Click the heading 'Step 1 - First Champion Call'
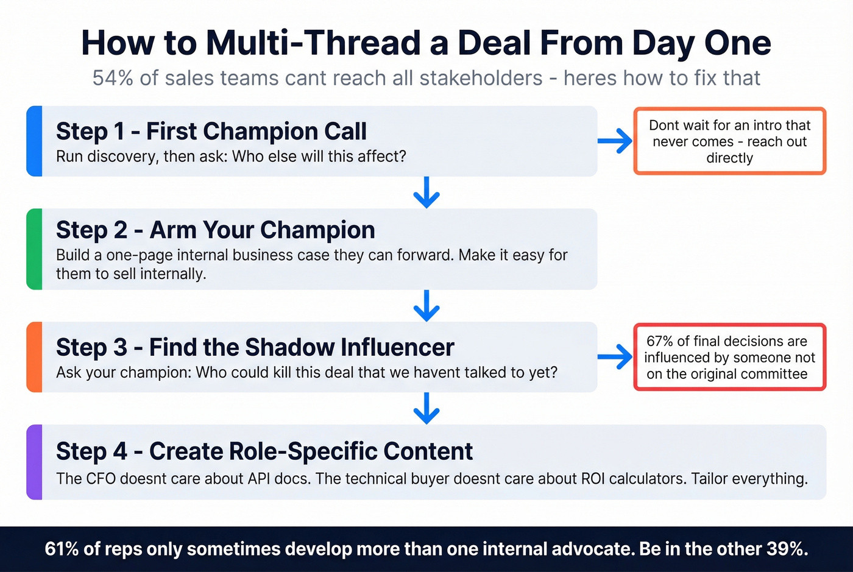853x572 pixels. click(x=211, y=132)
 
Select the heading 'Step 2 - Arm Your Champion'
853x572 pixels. click(x=215, y=230)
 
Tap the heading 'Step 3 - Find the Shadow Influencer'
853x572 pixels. click(x=255, y=347)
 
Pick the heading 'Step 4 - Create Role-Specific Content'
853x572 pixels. click(x=264, y=451)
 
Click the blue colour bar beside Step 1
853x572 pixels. click(x=34, y=141)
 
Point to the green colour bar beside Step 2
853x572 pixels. click(x=34, y=249)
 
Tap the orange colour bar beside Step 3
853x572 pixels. click(x=34, y=357)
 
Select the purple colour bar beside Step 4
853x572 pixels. click(x=34, y=462)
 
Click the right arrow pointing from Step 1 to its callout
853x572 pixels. click(x=615, y=141)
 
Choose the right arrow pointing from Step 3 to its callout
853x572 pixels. click(x=615, y=357)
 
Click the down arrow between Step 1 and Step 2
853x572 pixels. click(x=426, y=192)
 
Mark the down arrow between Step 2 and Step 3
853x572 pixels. click(x=426, y=306)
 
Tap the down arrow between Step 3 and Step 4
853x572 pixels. click(x=426, y=408)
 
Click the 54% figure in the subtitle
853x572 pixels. click(x=113, y=79)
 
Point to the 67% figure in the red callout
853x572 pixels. click(x=659, y=341)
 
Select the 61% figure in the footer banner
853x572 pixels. click(x=62, y=549)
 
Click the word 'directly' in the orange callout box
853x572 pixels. click(x=729, y=158)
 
